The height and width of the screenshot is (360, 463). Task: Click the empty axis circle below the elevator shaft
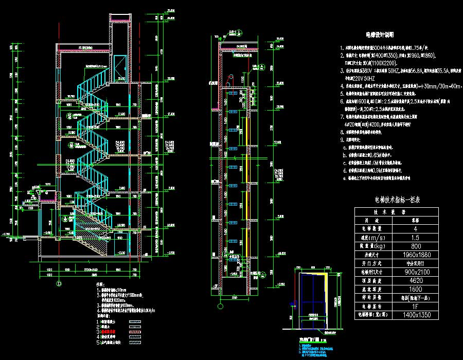220,307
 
